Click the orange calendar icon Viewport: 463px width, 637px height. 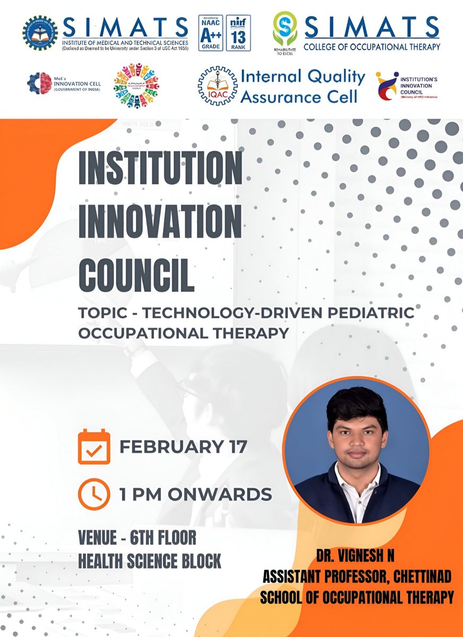[x=94, y=446]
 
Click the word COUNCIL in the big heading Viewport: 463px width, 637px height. [x=136, y=273]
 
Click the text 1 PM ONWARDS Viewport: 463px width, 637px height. [x=195, y=494]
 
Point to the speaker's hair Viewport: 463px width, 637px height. [x=356, y=408]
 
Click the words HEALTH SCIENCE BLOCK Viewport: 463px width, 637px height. [x=149, y=561]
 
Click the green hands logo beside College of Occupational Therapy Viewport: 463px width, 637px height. [x=285, y=29]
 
